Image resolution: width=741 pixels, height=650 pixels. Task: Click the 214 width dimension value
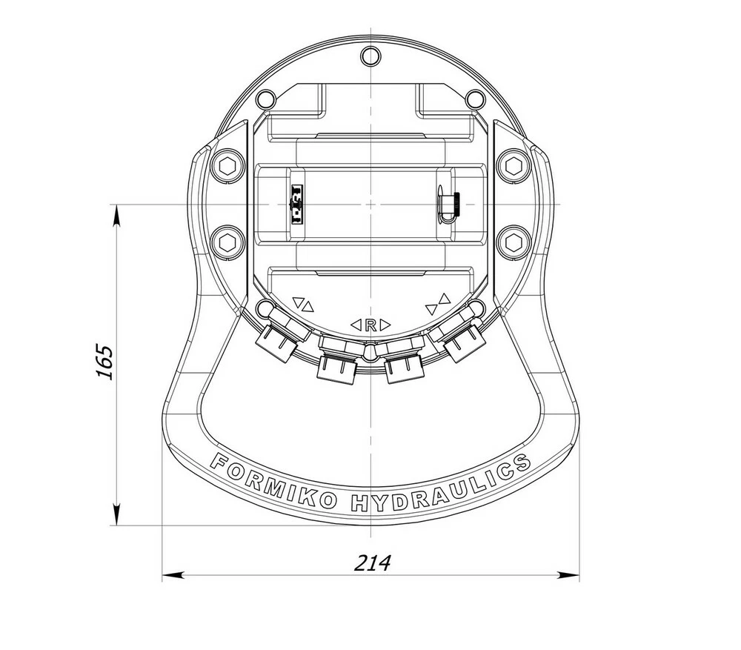373,563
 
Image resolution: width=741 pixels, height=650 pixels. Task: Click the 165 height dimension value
104,362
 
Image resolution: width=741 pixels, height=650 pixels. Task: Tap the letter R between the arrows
370,325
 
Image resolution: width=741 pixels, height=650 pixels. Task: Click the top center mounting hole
370,56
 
